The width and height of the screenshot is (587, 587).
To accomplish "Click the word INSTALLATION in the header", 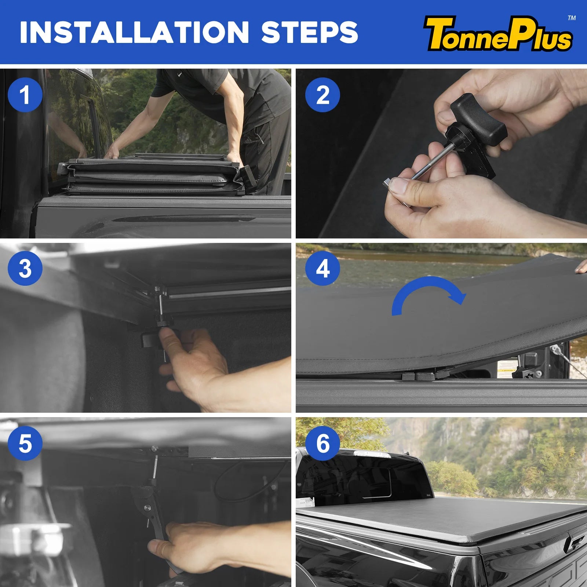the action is [134, 32].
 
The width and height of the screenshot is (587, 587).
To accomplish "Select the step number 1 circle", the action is [25, 95].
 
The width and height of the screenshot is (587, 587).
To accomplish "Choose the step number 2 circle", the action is [322, 95].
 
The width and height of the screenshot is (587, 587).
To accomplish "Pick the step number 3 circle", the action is [25, 268].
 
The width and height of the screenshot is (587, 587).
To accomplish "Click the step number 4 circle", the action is [322, 268].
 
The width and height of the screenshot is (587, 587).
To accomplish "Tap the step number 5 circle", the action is [25, 443].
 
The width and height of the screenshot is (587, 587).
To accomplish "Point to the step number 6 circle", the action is [322, 443].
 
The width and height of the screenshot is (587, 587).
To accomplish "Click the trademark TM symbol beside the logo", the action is [572, 18].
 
